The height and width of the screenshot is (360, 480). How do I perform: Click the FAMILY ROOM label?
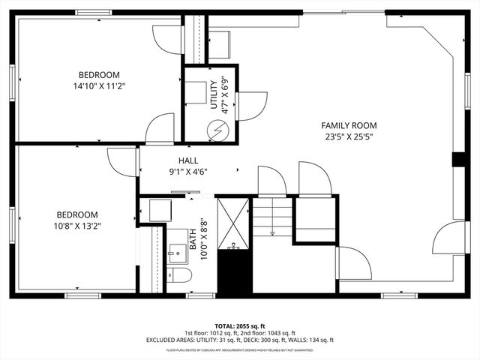pos(349,125)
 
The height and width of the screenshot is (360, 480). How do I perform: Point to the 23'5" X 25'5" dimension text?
pos(349,136)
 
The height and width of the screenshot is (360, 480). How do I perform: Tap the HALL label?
pos(188,160)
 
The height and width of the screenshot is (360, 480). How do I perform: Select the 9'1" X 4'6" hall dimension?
pos(188,172)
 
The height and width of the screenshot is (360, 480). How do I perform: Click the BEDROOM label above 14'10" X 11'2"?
pos(99,74)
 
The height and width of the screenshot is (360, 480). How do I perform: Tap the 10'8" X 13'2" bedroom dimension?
pos(76,225)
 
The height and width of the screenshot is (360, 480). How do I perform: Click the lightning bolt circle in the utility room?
pos(219,129)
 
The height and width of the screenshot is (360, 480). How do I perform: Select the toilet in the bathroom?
pos(180,275)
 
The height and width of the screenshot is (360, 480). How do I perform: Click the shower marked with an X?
pos(233,223)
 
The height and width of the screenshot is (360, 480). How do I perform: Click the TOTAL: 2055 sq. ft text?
pos(240,325)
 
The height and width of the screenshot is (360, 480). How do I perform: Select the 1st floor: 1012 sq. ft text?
pos(210,333)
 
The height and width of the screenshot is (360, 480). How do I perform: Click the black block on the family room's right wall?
pos(457,160)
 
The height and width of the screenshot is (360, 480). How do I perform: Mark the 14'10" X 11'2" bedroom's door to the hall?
pos(160,129)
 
